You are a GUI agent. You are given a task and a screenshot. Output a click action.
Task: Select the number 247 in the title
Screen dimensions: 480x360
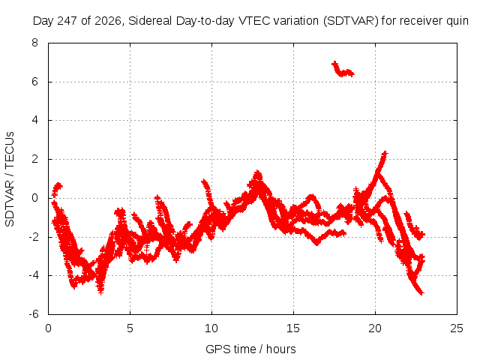click(67, 21)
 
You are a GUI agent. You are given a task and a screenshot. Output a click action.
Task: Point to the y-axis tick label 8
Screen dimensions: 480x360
click(35, 43)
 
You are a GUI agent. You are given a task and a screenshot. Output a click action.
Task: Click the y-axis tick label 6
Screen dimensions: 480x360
click(35, 82)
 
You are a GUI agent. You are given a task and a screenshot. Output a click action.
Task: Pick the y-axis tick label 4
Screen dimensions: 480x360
click(35, 120)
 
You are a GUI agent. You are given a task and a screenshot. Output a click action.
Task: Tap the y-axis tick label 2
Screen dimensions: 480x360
click(35, 159)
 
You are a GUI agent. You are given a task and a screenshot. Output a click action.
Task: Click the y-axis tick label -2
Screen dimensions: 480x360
click(33, 237)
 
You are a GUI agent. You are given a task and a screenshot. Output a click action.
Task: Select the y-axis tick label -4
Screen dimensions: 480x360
click(33, 275)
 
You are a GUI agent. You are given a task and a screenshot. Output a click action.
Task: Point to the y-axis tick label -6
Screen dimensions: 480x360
click(33, 314)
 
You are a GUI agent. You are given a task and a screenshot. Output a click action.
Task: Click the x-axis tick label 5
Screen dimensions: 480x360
click(130, 328)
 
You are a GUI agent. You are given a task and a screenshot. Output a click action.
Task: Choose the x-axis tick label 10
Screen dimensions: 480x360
click(211, 328)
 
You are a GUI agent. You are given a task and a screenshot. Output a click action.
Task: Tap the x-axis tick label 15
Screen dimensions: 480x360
click(293, 328)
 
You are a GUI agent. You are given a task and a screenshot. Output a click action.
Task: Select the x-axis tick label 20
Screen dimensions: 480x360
click(375, 328)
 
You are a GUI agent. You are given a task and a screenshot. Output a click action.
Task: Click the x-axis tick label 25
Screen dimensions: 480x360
click(457, 328)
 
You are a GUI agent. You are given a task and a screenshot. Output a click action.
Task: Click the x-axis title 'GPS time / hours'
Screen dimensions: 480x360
click(250, 349)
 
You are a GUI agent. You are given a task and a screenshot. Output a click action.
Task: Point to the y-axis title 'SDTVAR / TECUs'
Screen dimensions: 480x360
click(10, 179)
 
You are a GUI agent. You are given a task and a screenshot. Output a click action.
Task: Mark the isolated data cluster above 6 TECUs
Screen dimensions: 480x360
click(343, 70)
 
